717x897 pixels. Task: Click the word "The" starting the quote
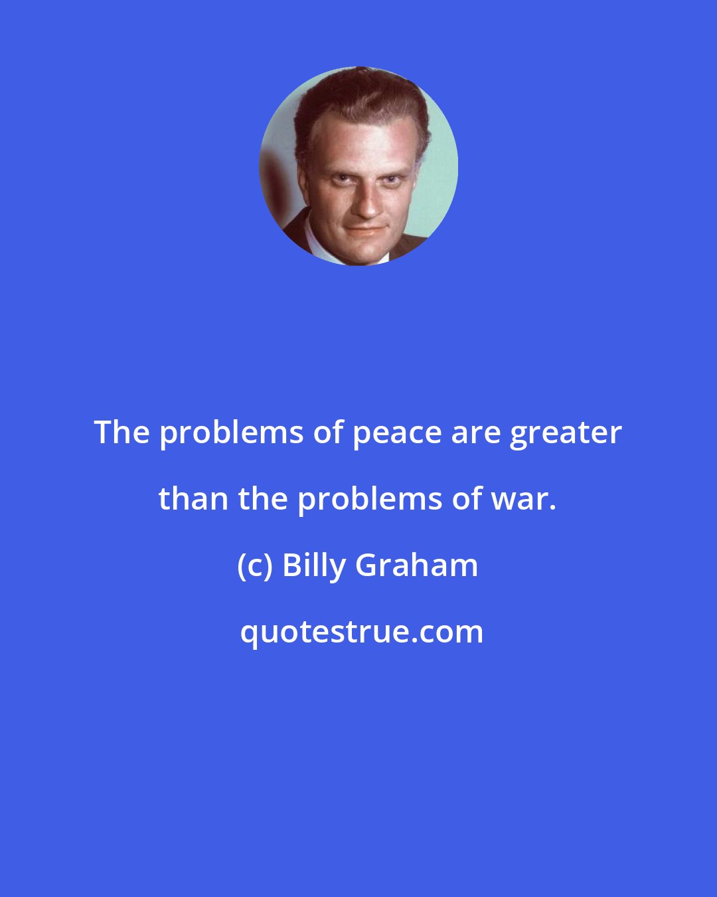click(122, 432)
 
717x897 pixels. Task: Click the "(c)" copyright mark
click(254, 565)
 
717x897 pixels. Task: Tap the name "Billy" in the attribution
click(314, 566)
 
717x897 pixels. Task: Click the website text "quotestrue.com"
click(362, 631)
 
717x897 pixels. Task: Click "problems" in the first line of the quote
click(232, 433)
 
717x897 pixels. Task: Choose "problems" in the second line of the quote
click(370, 500)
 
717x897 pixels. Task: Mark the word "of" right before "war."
click(466, 498)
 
